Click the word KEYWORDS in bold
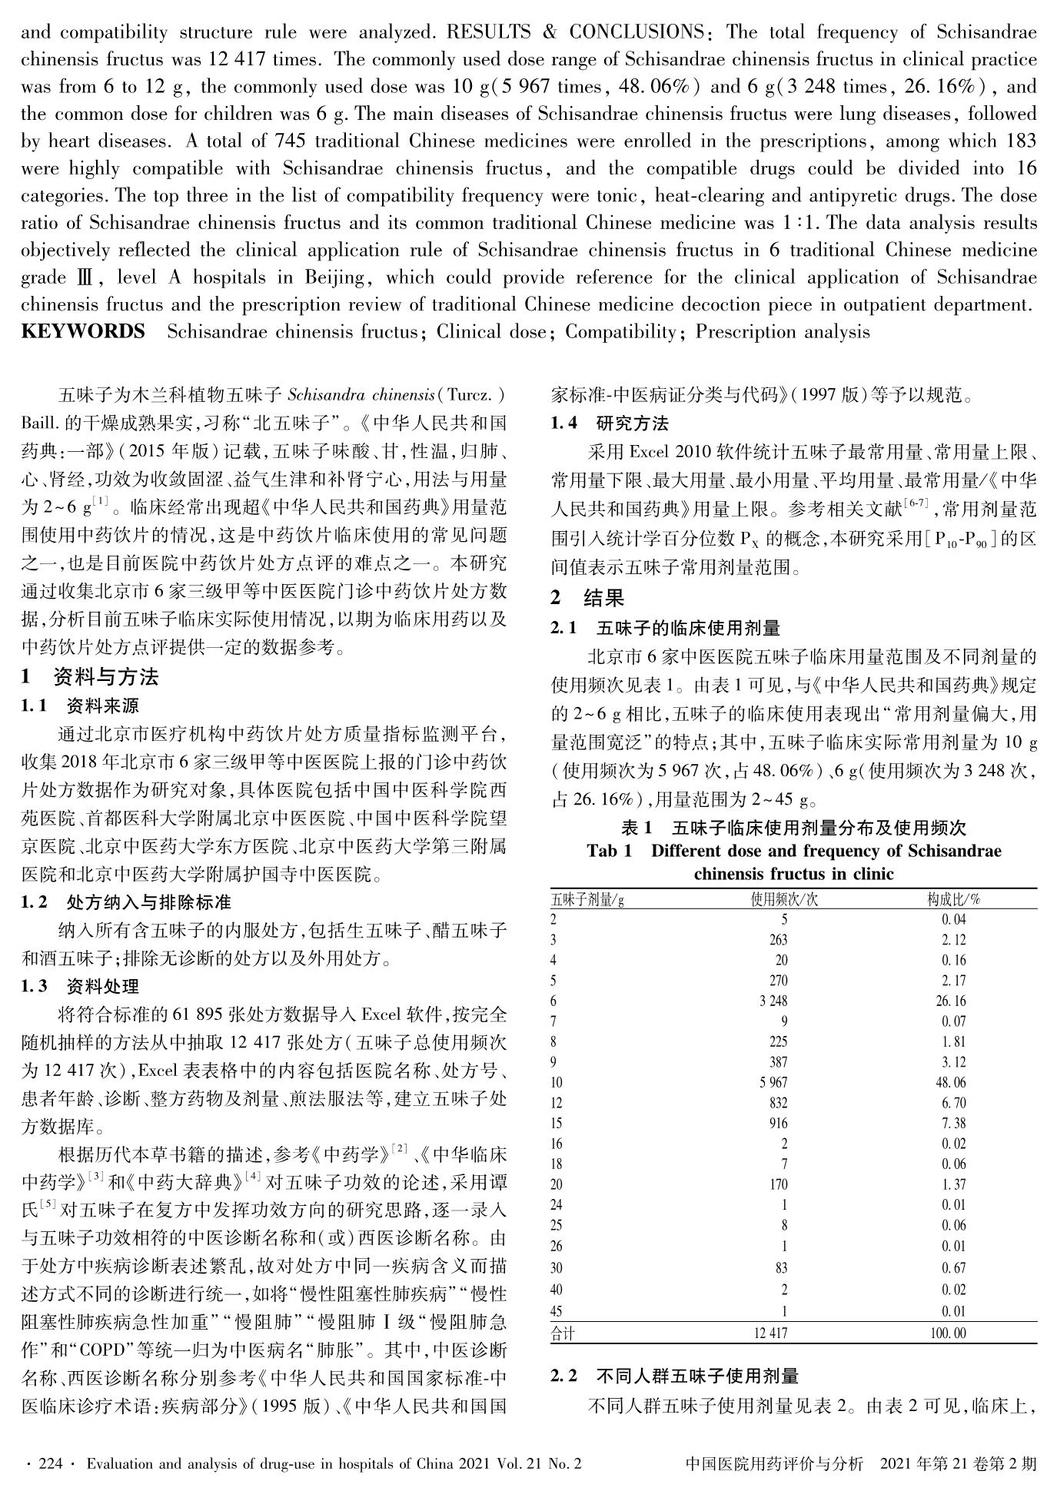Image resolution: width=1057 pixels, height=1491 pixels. click(83, 332)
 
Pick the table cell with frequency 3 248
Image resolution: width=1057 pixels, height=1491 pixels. click(773, 1001)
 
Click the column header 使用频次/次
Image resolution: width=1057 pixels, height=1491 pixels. click(783, 899)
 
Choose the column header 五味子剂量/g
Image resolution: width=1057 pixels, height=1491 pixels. click(587, 899)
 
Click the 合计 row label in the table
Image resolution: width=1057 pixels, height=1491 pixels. click(563, 1333)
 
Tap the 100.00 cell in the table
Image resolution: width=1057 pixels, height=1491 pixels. click(948, 1333)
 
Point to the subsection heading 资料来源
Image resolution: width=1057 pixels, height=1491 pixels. click(103, 706)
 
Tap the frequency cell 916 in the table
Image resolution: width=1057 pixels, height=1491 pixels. click(777, 1124)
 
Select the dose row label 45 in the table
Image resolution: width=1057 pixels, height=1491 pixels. click(557, 1311)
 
